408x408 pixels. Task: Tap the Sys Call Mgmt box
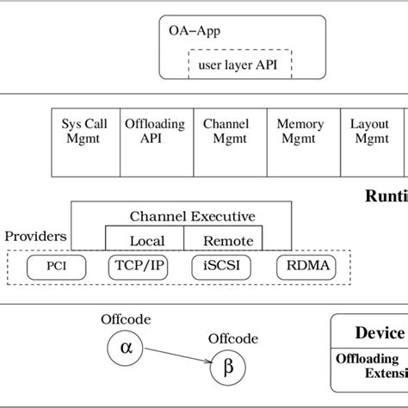click(x=84, y=138)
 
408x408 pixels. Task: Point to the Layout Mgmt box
click(x=370, y=138)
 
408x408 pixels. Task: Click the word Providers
click(x=35, y=235)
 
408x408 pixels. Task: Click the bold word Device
click(x=380, y=333)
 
